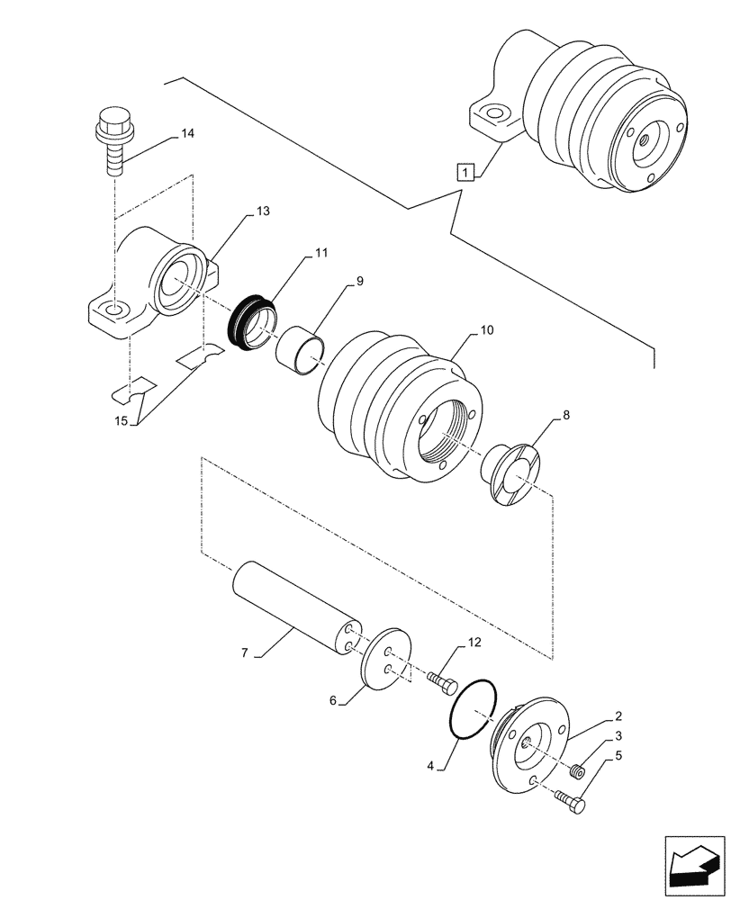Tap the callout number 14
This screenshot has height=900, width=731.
tap(186, 134)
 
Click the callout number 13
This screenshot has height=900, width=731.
tap(262, 211)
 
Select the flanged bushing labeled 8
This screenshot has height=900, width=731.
tap(512, 472)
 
